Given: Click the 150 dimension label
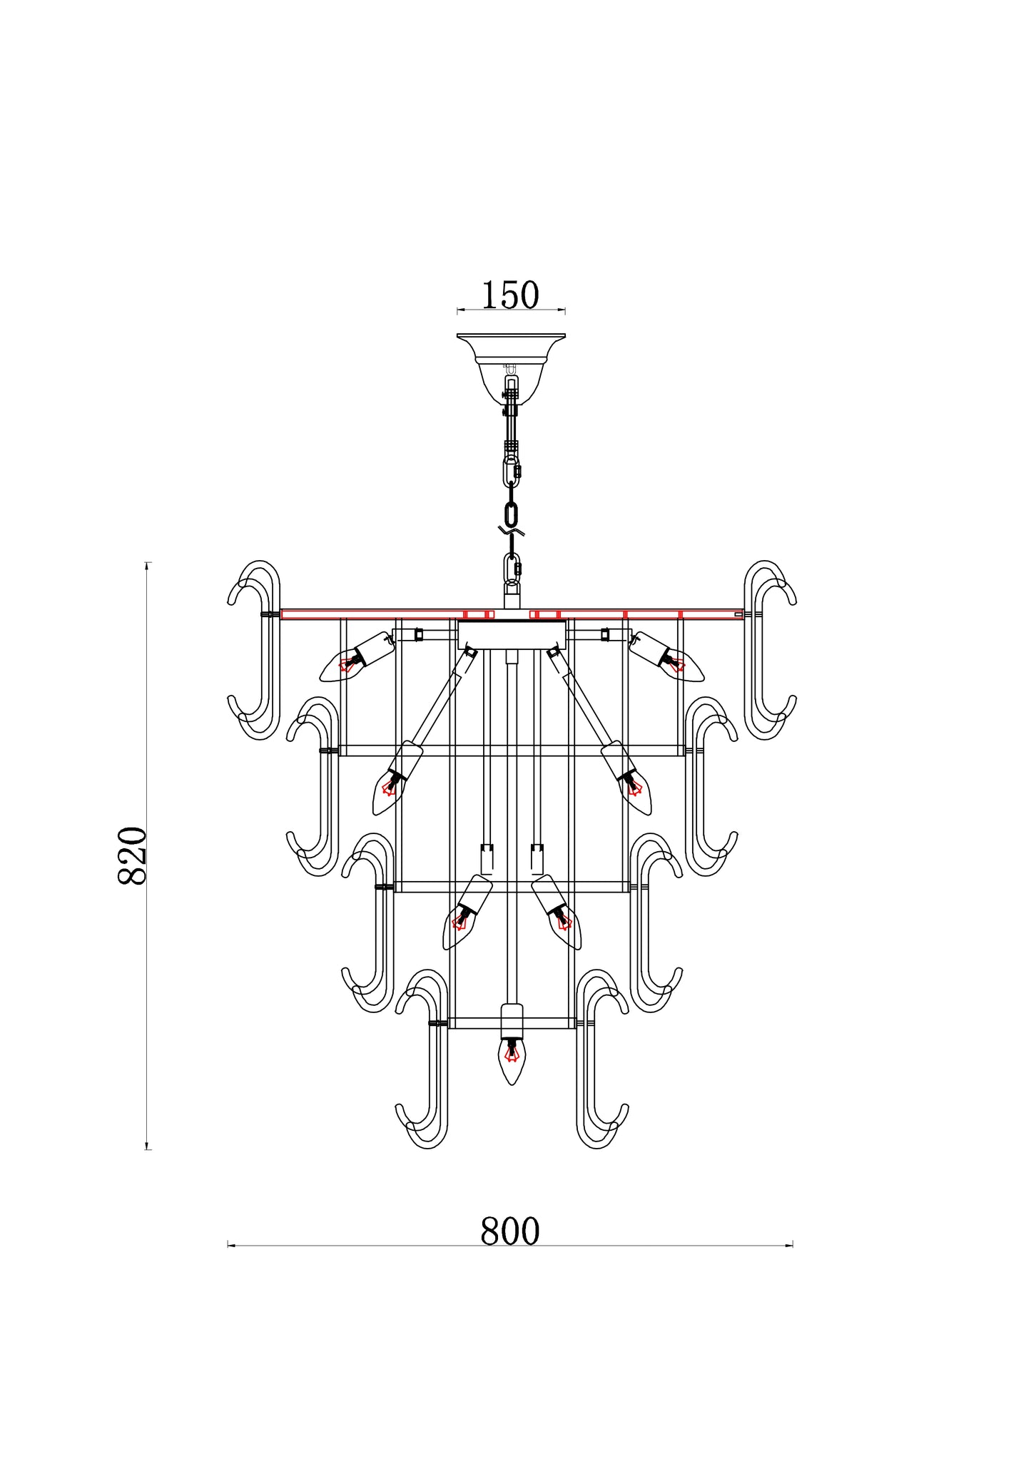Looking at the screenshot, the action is click(510, 295).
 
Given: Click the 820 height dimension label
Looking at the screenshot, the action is click(132, 855).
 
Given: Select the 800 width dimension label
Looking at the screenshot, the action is click(510, 1231).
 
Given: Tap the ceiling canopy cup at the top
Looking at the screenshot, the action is click(511, 368).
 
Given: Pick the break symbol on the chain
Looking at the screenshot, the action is click(512, 532).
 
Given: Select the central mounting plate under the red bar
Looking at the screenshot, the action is click(512, 634).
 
